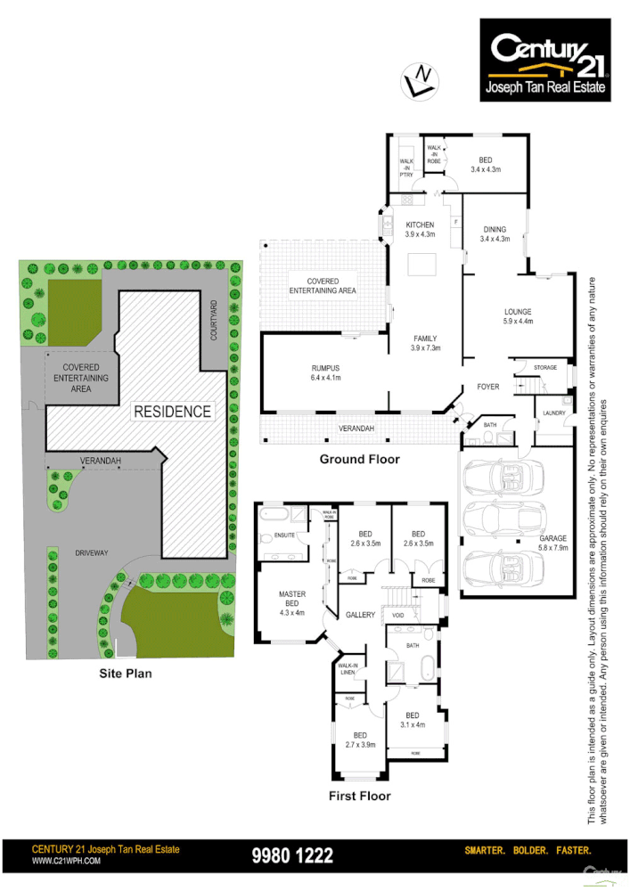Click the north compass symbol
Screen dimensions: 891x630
click(419, 79)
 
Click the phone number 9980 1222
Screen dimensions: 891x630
click(293, 856)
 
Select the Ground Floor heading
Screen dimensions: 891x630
click(359, 460)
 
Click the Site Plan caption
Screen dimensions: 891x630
click(125, 674)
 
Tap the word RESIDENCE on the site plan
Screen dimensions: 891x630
click(173, 412)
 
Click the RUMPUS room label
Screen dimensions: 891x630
click(326, 372)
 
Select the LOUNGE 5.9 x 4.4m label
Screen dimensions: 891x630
click(517, 316)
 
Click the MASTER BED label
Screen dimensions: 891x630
click(292, 601)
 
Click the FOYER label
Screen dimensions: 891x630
click(487, 387)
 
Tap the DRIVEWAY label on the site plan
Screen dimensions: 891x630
click(86, 552)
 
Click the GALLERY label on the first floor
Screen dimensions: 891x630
click(361, 615)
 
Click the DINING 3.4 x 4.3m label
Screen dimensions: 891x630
click(494, 233)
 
